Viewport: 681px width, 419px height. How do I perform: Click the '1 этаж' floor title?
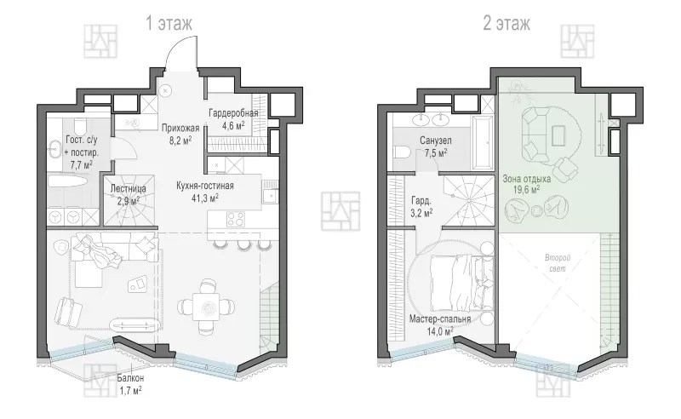coord(169,23)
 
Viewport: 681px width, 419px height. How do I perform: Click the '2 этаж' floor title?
coord(506,23)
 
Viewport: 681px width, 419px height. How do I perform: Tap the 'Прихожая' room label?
coord(180,128)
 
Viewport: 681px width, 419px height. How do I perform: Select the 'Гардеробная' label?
coord(233,113)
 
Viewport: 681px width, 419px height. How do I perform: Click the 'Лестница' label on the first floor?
coord(129,189)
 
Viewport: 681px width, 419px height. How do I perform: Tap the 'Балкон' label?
coord(130,378)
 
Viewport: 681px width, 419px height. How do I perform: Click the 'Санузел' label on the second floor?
coord(436,141)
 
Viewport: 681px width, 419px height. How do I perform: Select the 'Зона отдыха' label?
coord(526,179)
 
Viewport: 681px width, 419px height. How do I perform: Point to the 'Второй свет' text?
coord(558,263)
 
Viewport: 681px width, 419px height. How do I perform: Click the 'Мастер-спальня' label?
coord(440,319)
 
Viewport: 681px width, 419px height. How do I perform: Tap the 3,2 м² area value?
coord(421,213)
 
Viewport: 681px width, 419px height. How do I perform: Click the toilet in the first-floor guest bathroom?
coord(80,126)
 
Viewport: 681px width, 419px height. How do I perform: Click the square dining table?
coord(209,307)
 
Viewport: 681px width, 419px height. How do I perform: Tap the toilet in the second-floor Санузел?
coord(403,152)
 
